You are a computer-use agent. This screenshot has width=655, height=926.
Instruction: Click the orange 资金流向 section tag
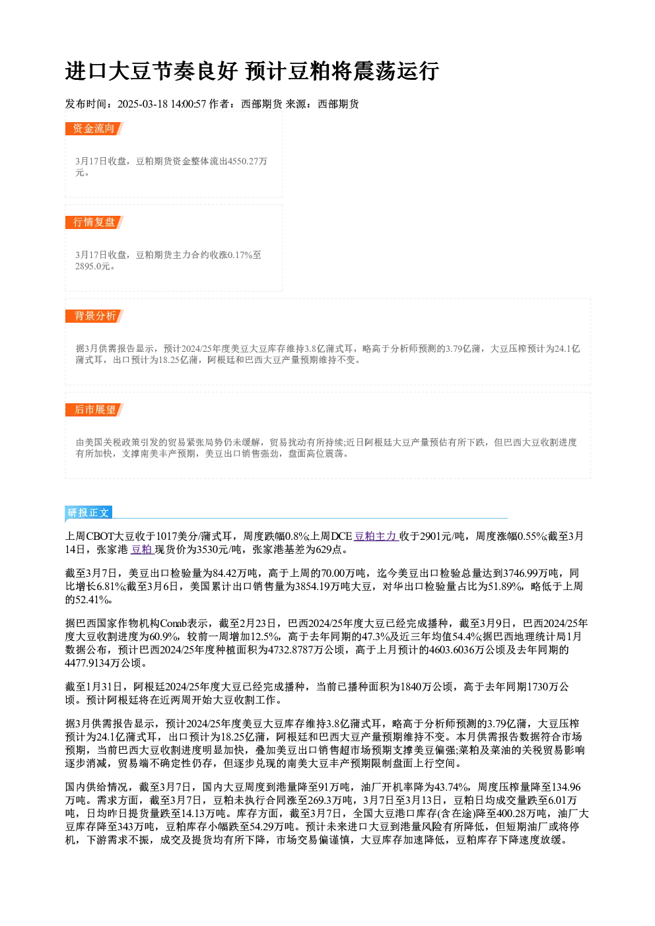94,129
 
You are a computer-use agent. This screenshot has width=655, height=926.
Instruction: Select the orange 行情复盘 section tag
94,222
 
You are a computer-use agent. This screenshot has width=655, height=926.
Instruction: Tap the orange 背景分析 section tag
94,316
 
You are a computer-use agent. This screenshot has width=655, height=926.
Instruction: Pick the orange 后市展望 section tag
94,410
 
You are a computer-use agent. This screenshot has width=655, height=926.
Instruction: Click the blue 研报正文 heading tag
88,513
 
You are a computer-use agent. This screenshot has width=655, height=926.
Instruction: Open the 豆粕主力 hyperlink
376,537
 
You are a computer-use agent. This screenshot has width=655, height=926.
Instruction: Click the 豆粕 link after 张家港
142,550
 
